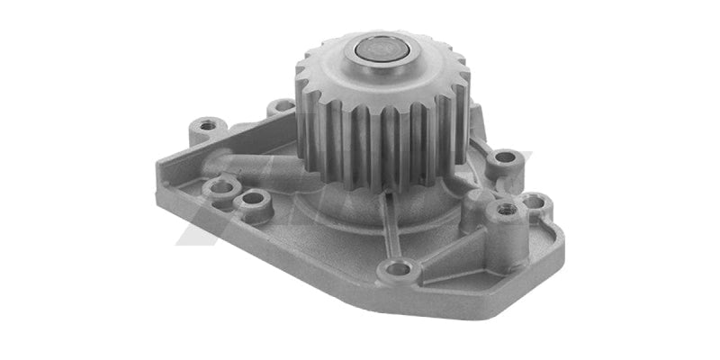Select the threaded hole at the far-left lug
[208, 124]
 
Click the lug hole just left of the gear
[283, 107]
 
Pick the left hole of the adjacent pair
[219, 188]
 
